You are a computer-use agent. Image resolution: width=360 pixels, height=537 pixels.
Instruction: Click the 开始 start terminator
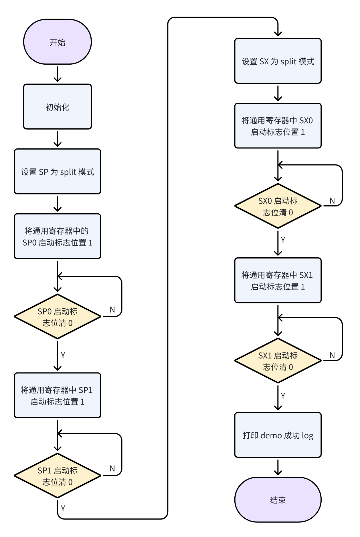pos(57,42)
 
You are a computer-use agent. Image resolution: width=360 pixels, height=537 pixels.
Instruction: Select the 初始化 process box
pos(57,107)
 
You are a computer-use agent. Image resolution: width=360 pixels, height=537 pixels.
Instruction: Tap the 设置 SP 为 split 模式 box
pos(57,172)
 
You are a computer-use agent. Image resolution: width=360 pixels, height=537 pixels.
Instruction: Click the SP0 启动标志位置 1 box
pos(57,236)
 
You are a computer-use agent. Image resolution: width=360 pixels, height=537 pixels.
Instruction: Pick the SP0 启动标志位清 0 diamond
pos(57,317)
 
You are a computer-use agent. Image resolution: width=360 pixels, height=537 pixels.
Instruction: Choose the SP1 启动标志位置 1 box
pos(57,395)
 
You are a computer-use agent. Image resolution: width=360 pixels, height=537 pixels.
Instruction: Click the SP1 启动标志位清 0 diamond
pos(57,476)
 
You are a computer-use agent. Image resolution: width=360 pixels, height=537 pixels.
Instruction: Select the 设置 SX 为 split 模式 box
pos(278,61)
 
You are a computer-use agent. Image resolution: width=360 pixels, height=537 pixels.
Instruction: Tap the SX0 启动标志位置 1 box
pos(278,126)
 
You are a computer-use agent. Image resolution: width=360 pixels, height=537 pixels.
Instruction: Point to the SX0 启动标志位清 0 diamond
pos(278,206)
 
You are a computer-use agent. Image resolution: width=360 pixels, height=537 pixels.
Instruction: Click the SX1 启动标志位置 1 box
pos(278,280)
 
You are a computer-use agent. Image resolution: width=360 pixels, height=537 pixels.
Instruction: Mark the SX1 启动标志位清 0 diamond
pos(278,361)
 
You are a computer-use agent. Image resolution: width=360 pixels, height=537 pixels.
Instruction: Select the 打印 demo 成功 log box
pos(278,435)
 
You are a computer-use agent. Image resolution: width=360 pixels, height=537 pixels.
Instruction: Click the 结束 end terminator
pos(278,500)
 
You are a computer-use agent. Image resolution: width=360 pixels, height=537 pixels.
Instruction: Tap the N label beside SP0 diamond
pos(112,310)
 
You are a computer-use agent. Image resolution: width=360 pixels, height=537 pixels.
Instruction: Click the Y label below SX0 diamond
pos(283,240)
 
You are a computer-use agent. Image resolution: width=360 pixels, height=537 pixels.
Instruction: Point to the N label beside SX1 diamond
pos(332,355)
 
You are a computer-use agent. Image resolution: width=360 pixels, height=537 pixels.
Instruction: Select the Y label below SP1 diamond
pos(63,508)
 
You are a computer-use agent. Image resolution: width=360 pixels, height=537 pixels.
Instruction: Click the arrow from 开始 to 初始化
pos(58,74)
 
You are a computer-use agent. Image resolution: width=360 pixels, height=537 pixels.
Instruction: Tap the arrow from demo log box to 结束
pos(278,467)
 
